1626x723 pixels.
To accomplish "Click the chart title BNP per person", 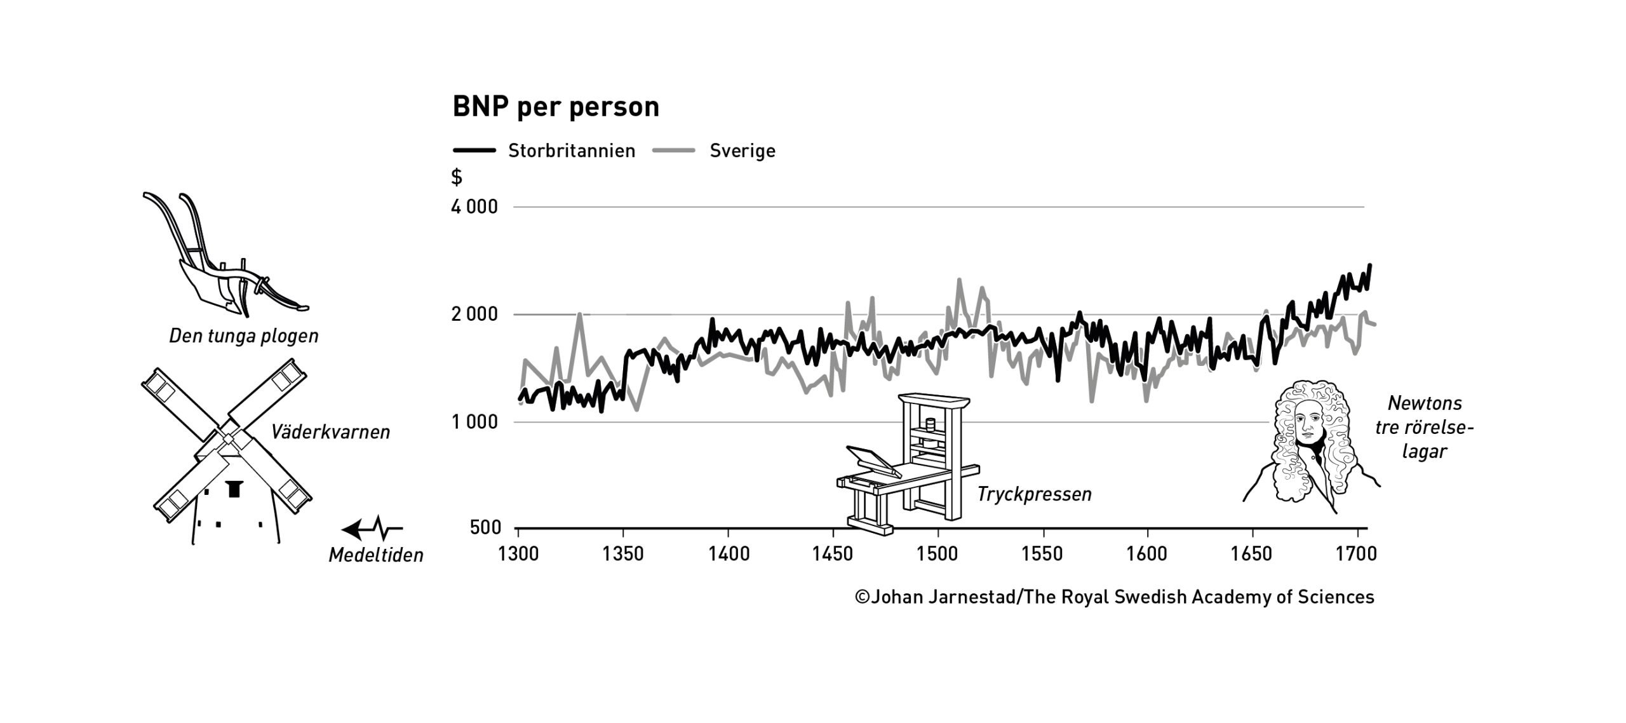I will pyautogui.click(x=556, y=107).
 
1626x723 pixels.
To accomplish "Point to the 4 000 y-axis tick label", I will pyautogui.click(x=474, y=207).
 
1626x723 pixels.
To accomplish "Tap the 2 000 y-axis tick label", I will pyautogui.click(x=474, y=314).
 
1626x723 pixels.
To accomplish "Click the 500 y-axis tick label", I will pyautogui.click(x=486, y=527).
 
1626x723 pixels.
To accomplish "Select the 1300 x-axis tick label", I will pyautogui.click(x=518, y=554).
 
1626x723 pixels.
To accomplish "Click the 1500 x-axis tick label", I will pyautogui.click(x=937, y=554).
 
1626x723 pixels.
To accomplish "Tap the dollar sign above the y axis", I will pyautogui.click(x=456, y=177).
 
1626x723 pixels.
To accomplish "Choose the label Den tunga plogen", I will pyautogui.click(x=244, y=336).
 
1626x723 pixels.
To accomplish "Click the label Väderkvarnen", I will pyautogui.click(x=330, y=432).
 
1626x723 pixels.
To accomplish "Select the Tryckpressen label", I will pyautogui.click(x=1034, y=494).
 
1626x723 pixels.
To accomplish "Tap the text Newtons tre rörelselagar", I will pyautogui.click(x=1424, y=427).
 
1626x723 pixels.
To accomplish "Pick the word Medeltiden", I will pyautogui.click(x=375, y=555).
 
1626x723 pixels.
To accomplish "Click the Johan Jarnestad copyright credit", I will pyautogui.click(x=1115, y=597).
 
